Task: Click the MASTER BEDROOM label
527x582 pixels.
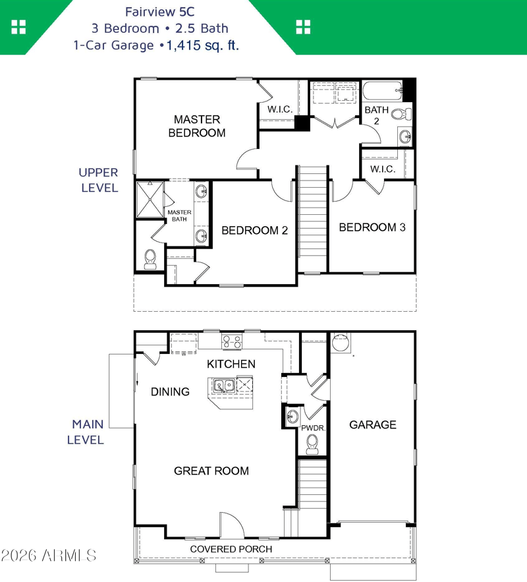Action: pyautogui.click(x=197, y=126)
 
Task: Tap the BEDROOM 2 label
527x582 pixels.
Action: pyautogui.click(x=255, y=231)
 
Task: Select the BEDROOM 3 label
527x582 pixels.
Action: pyautogui.click(x=372, y=227)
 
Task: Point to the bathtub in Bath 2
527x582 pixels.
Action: pyautogui.click(x=382, y=90)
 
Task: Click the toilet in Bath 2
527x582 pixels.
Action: pyautogui.click(x=401, y=113)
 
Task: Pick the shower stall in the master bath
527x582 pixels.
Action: pyautogui.click(x=150, y=199)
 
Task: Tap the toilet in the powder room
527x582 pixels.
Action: pyautogui.click(x=312, y=444)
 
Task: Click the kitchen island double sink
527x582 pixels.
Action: pyautogui.click(x=224, y=386)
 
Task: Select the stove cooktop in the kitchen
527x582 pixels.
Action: pyautogui.click(x=232, y=341)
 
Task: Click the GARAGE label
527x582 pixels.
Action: pyautogui.click(x=373, y=424)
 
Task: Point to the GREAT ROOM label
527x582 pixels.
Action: pyautogui.click(x=211, y=471)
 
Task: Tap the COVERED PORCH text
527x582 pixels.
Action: pyautogui.click(x=231, y=549)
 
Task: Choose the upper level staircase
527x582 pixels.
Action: pyautogui.click(x=313, y=219)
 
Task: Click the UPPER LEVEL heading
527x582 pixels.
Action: pyautogui.click(x=99, y=180)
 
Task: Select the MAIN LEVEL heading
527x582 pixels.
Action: pyautogui.click(x=86, y=432)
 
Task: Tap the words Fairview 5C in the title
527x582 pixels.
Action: pyautogui.click(x=160, y=12)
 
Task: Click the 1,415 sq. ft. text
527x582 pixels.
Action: pyautogui.click(x=203, y=45)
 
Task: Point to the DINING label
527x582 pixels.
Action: pyautogui.click(x=170, y=392)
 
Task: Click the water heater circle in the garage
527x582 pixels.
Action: pyautogui.click(x=341, y=343)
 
